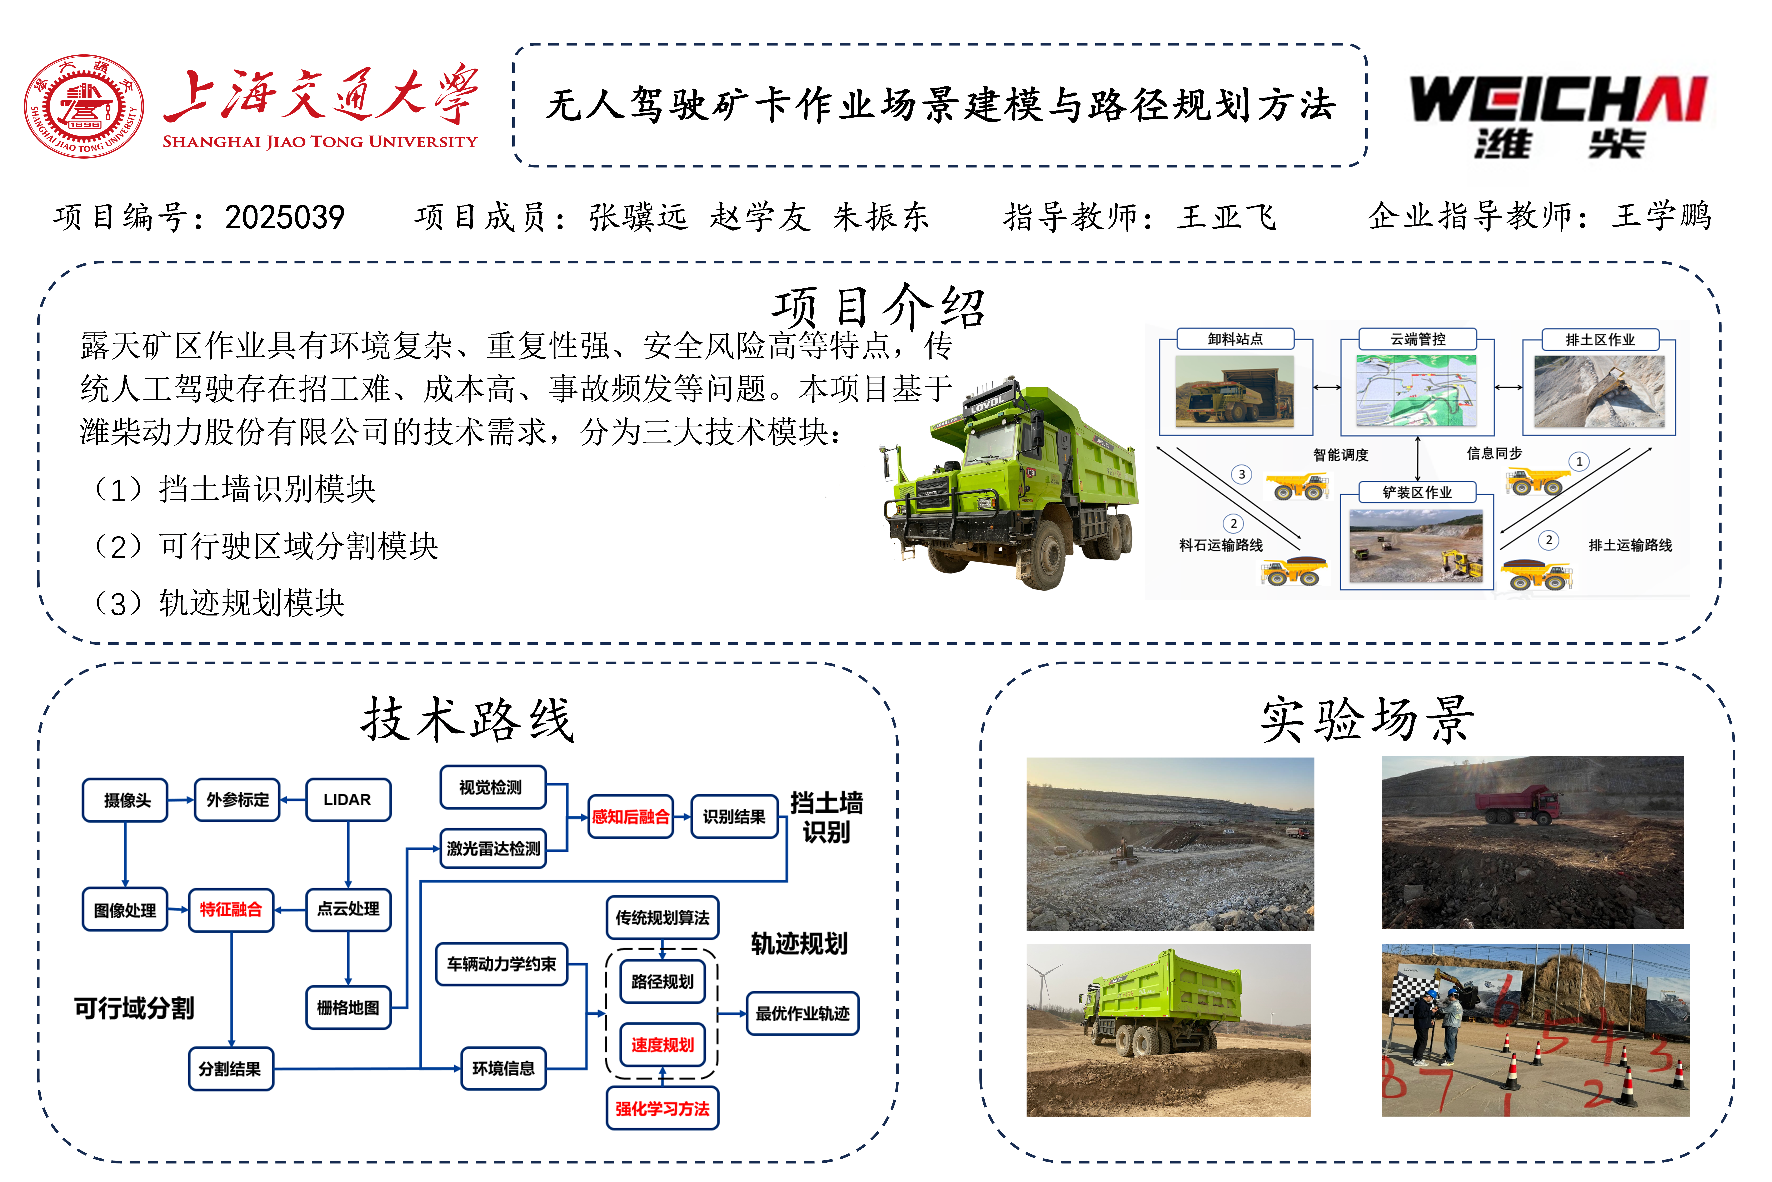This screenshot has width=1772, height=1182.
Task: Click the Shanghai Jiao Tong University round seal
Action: pyautogui.click(x=84, y=106)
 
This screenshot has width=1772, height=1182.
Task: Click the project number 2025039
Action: pyautogui.click(x=285, y=217)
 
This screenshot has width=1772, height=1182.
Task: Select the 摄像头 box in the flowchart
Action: pyautogui.click(x=125, y=800)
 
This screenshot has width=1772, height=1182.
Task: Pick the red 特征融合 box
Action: pyautogui.click(x=231, y=910)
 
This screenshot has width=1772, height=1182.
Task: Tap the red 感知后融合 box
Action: pyautogui.click(x=631, y=816)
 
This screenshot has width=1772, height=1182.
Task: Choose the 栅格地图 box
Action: pyautogui.click(x=348, y=1007)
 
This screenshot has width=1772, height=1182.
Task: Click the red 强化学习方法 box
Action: pyautogui.click(x=662, y=1108)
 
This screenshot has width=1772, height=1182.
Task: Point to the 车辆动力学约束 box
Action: pyautogui.click(x=502, y=963)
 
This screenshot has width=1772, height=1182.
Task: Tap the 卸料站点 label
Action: pyautogui.click(x=1236, y=339)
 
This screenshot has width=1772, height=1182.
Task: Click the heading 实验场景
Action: pyautogui.click(x=1367, y=720)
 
